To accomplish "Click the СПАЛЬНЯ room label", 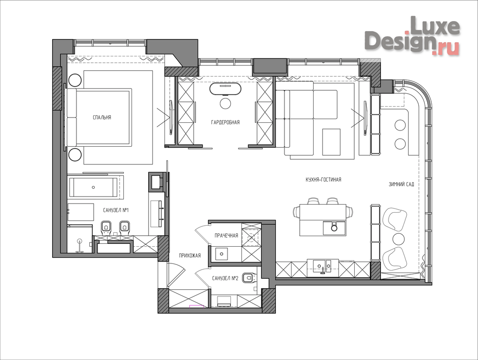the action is point(102,117).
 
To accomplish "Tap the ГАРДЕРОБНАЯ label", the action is point(225,122).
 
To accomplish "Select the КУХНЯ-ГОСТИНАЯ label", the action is point(324,180).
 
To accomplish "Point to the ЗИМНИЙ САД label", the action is point(402,184).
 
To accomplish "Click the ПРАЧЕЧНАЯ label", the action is point(226,235).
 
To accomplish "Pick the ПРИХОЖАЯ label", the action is point(190,255).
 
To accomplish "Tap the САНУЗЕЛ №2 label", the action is point(225,278).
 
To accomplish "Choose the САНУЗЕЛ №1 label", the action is point(116,210).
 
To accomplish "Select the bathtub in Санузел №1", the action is point(93,187).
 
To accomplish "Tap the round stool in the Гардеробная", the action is point(226,103).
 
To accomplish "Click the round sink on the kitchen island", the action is point(334,227).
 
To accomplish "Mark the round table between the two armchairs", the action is point(398,239).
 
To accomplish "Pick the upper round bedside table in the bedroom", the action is point(75,80).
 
